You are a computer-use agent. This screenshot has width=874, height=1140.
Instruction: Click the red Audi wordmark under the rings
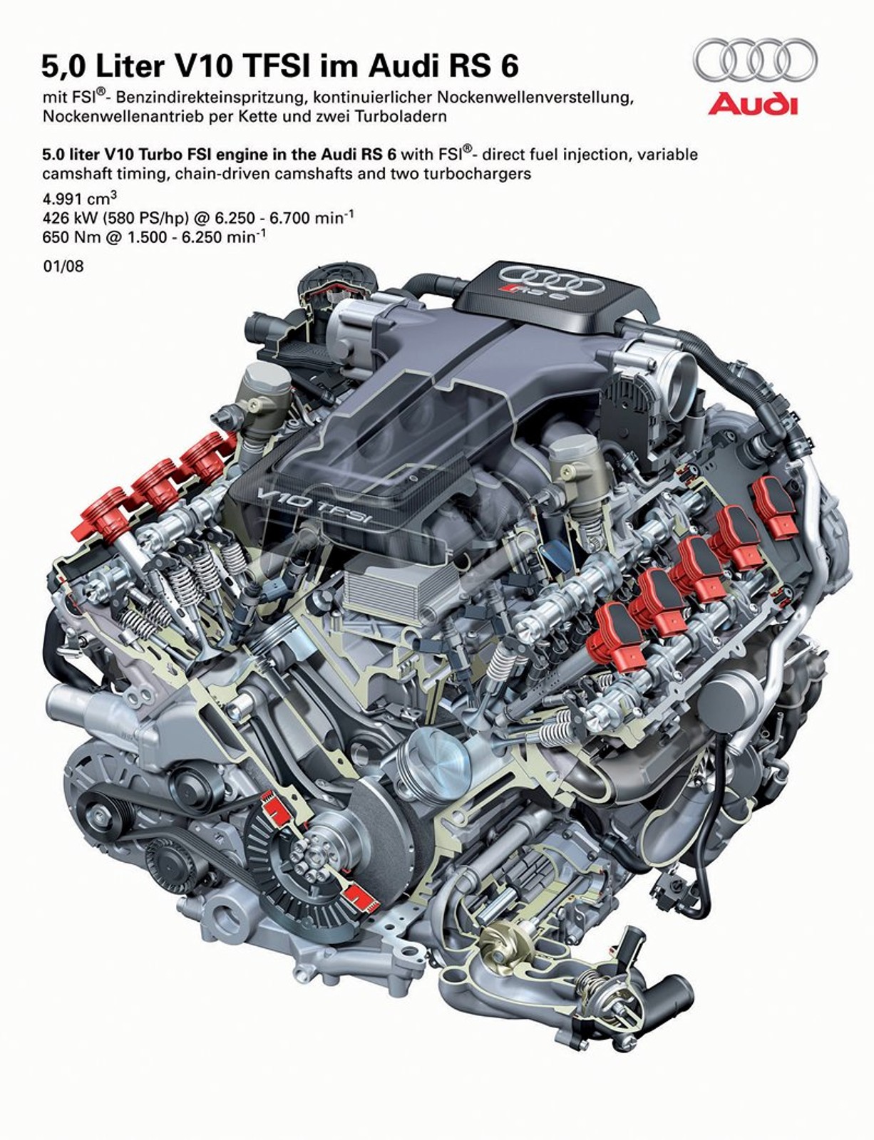coord(752,104)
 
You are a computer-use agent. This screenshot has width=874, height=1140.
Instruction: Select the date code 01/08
coord(63,266)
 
